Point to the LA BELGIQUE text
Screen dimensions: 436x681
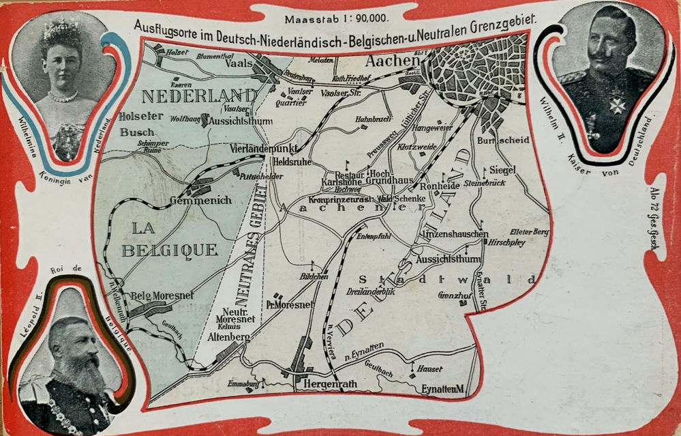(169, 238)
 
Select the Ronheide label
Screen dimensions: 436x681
(439, 186)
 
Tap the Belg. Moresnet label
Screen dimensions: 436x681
(162, 295)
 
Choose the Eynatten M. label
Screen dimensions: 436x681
(442, 389)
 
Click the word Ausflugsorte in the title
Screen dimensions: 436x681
(164, 25)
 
